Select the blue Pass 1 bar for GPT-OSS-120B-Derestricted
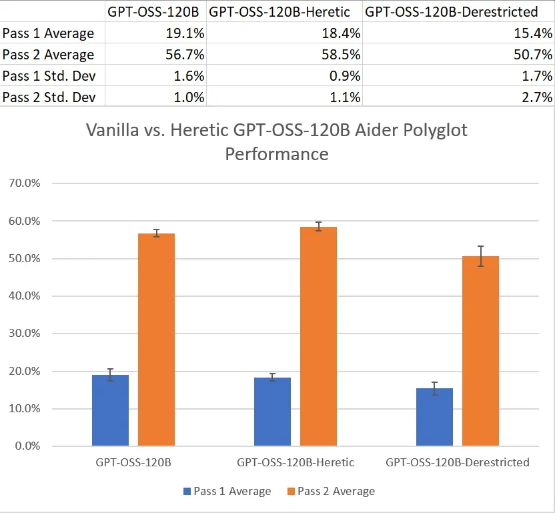[434, 417]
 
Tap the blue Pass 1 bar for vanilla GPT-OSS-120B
[110, 410]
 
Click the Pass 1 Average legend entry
[227, 492]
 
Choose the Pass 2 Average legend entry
[331, 492]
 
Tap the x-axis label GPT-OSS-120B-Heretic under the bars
[296, 462]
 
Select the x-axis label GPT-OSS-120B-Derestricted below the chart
[458, 462]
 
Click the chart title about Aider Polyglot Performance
[277, 141]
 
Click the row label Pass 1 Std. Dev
[49, 76]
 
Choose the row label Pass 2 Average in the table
[48, 55]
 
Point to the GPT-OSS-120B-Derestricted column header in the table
[452, 11]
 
